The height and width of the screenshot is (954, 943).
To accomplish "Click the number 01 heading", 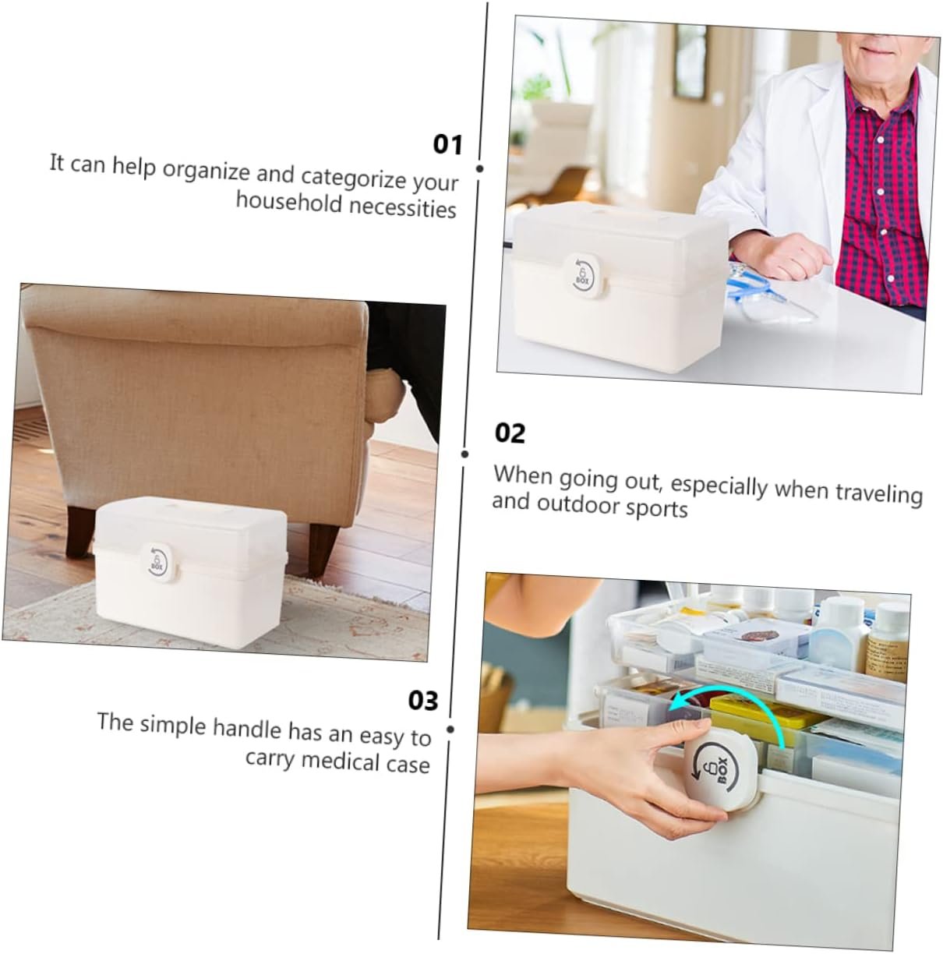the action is point(447,144).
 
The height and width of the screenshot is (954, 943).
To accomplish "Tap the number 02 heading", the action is point(510,433).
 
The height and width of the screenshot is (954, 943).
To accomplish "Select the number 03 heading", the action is point(423,701).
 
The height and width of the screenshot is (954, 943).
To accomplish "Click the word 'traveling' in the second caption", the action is point(878,493).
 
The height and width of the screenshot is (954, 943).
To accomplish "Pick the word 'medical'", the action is point(338,761).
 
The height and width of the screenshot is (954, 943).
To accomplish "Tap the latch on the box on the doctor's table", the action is point(585,277).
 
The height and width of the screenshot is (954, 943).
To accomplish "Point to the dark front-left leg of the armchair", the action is point(80,532).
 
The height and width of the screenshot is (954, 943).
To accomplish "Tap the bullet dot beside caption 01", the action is point(479,169).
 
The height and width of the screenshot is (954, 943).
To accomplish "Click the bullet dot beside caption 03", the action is point(450,730).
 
